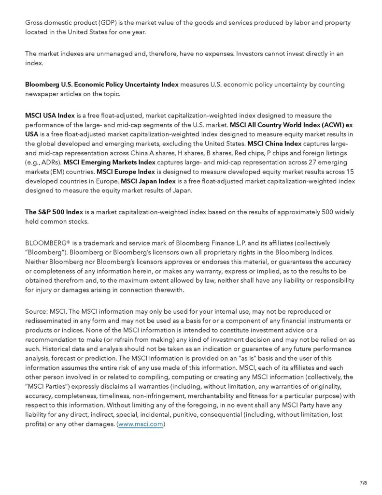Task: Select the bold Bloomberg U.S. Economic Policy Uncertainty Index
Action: (x=102, y=84)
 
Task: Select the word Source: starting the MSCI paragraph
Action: (x=37, y=312)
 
